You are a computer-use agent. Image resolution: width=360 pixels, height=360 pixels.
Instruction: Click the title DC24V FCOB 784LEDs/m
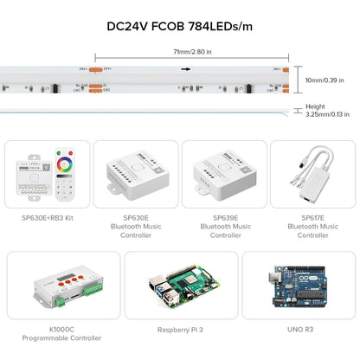click(179, 26)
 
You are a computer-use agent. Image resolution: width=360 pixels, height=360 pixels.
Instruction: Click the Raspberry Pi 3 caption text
click(180, 330)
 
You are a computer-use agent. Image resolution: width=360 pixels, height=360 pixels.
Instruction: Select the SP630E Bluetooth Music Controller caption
click(134, 226)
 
